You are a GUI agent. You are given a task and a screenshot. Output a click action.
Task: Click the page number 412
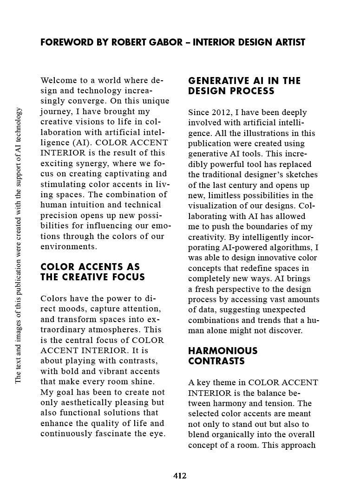(180, 476)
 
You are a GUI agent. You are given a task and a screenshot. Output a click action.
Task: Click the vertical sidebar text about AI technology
(18, 245)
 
